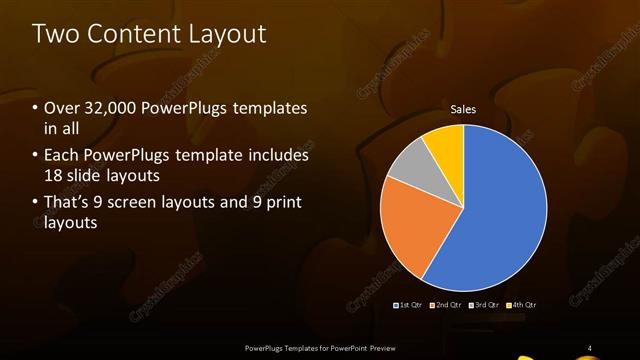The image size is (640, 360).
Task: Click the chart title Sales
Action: point(463,109)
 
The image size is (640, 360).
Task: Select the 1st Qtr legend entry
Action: point(407,304)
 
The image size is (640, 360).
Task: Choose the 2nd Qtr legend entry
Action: point(448,304)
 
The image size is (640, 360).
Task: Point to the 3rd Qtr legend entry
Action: point(485,304)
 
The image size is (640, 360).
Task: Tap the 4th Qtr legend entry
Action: point(522,304)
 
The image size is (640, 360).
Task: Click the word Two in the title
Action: point(54,33)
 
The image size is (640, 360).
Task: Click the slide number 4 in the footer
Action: point(589,348)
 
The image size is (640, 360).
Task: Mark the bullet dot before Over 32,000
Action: point(36,108)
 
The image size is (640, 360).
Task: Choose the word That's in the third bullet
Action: point(67,203)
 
